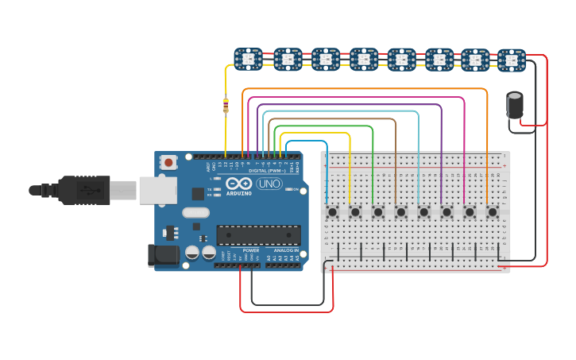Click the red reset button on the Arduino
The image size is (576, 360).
(168, 162)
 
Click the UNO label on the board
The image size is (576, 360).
(269, 184)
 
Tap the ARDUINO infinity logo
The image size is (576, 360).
(238, 184)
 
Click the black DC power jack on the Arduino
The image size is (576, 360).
(163, 255)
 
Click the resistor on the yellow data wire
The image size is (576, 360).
(226, 105)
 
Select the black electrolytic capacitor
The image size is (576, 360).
(515, 105)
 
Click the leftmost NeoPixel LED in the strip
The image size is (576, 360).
(248, 59)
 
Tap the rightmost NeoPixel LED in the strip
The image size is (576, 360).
(512, 60)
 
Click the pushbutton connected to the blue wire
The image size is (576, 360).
(332, 212)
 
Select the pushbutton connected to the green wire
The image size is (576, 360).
(378, 212)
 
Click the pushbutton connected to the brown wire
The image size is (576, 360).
(401, 212)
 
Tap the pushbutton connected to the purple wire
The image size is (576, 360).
(446, 212)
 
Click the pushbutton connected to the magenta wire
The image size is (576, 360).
(470, 212)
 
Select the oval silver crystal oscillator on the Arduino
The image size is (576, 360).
(195, 212)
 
